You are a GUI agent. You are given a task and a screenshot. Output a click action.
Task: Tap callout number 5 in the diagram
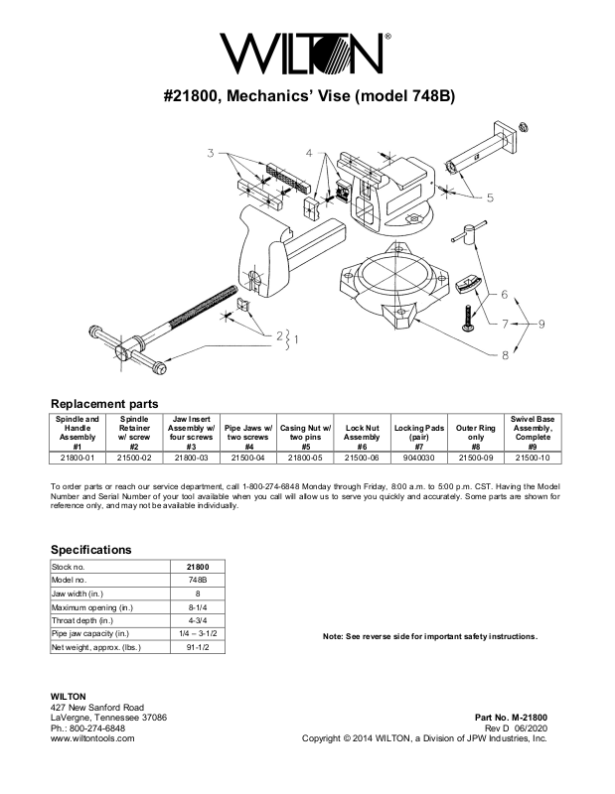[x=490, y=197]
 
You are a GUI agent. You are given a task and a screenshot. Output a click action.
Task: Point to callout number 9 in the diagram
[x=542, y=324]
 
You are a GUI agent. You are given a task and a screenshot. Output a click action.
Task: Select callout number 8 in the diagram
[x=505, y=354]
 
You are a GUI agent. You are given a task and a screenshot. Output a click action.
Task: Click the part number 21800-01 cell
[x=77, y=458]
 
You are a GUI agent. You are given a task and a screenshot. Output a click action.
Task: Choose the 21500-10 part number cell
[x=534, y=458]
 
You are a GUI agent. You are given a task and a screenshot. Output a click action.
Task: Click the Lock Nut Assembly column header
[x=362, y=434]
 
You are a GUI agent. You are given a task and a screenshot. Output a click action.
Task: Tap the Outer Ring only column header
[x=475, y=434]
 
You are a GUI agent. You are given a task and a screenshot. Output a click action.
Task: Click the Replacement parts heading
[x=104, y=404]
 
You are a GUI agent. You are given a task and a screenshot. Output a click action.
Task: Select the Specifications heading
[x=90, y=549]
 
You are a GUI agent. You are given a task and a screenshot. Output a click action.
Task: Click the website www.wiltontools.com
[x=92, y=739]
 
